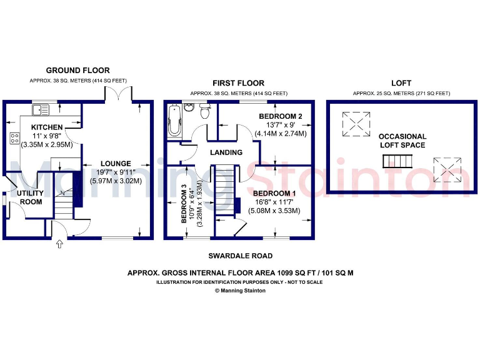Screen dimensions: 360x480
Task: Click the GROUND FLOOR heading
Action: [x=78, y=71]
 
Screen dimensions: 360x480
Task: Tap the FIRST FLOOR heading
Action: [x=238, y=83]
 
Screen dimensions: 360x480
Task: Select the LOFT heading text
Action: [x=401, y=83]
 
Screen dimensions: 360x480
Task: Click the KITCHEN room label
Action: [x=47, y=127]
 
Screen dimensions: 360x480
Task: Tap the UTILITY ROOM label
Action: [x=29, y=197]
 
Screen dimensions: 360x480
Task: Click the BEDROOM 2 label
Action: [x=281, y=117]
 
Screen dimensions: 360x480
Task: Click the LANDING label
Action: [x=226, y=152]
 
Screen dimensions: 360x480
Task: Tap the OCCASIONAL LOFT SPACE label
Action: [x=403, y=141]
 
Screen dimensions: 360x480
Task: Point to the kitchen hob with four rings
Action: [x=14, y=139]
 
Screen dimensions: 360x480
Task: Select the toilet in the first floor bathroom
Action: [x=204, y=112]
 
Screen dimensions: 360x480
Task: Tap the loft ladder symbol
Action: [x=399, y=162]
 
